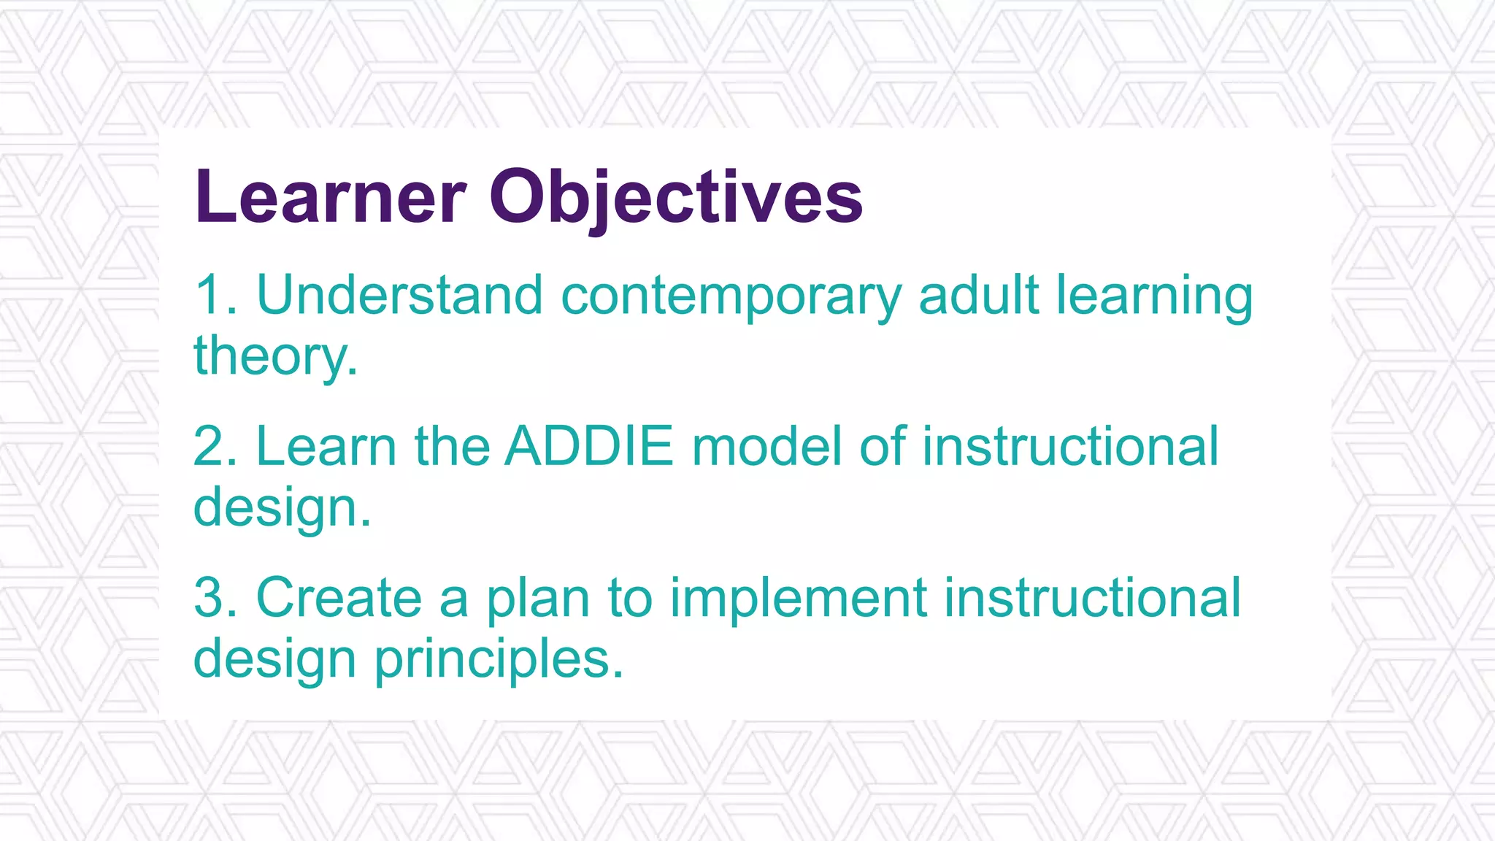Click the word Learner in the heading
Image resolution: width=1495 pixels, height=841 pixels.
330,197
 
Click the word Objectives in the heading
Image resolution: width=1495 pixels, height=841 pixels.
676,197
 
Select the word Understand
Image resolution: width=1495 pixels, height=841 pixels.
399,295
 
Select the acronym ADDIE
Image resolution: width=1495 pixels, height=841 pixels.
589,446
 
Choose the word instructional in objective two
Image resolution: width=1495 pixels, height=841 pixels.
1070,446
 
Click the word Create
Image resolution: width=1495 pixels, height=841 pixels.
339,598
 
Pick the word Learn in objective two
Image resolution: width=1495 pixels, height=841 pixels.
326,446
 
